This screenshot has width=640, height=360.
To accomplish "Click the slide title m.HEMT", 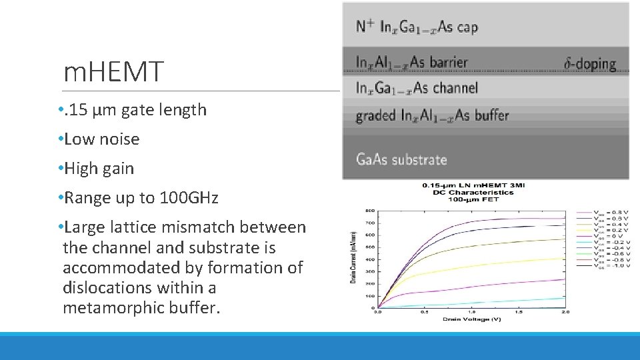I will click(113, 72).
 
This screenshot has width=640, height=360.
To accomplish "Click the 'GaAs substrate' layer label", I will click(401, 159).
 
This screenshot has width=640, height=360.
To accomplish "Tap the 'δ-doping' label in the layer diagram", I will click(590, 64).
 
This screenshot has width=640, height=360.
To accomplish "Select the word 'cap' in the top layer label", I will click(467, 27).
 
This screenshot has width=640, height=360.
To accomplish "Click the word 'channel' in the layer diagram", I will click(455, 88).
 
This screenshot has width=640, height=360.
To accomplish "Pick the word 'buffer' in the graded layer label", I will click(491, 115).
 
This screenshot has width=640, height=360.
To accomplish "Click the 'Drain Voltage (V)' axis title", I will click(473, 319).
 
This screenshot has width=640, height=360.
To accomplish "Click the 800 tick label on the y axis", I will click(369, 211).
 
